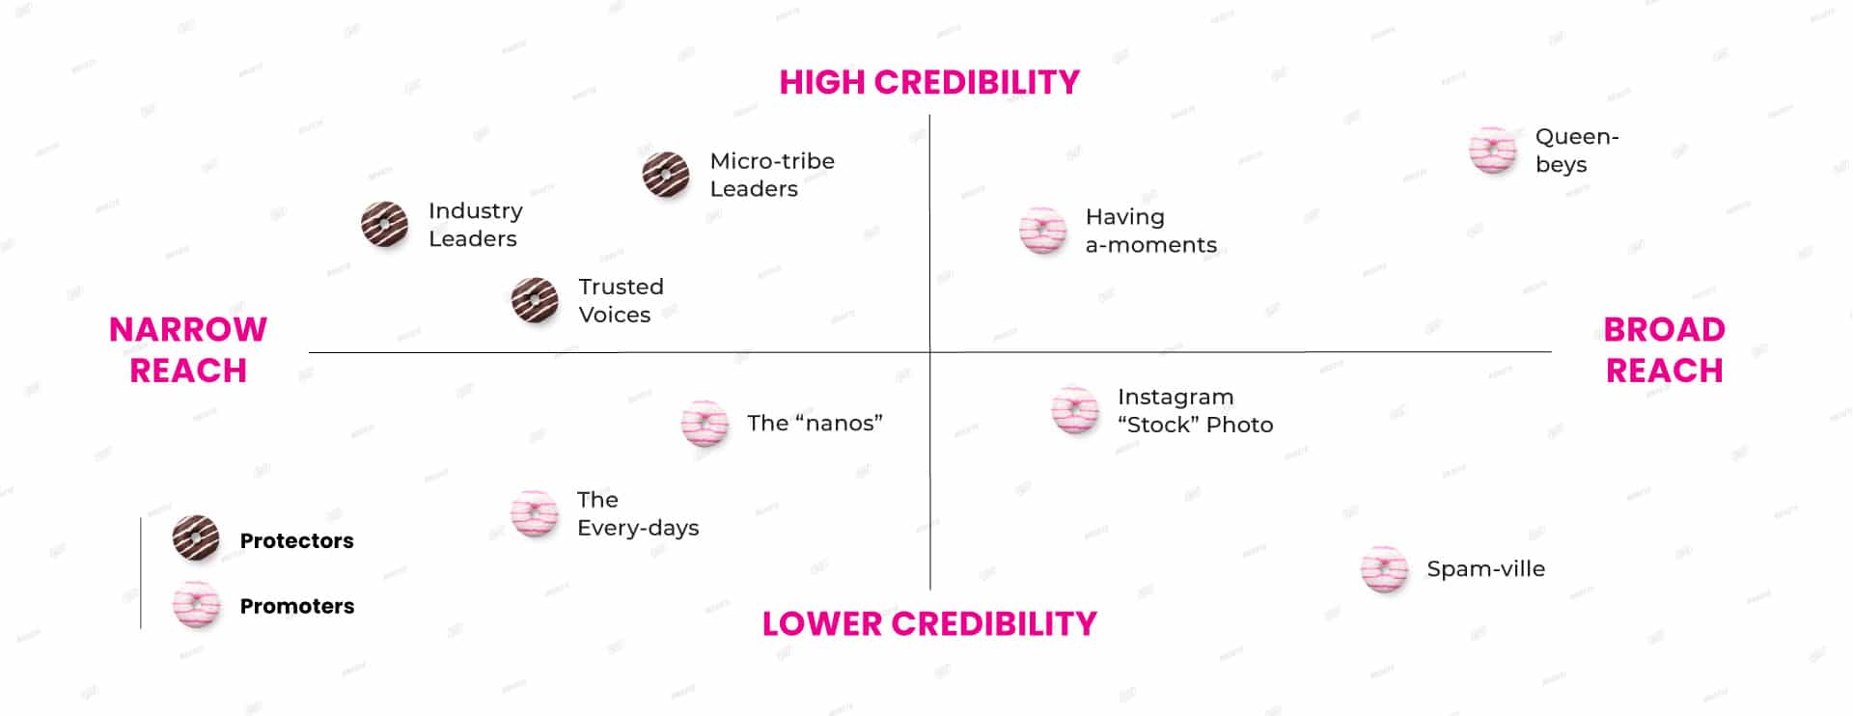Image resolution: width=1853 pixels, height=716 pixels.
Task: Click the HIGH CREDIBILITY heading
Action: click(929, 82)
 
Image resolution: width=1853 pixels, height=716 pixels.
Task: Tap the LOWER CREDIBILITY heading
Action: click(929, 623)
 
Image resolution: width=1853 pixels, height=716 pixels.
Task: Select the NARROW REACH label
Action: click(188, 349)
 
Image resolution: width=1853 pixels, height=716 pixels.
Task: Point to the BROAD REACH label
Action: click(1665, 349)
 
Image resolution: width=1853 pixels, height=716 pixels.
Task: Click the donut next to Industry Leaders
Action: click(384, 224)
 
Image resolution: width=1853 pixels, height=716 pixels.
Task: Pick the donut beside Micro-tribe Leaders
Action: click(666, 175)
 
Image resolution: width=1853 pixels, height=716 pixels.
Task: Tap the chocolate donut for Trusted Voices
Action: click(535, 300)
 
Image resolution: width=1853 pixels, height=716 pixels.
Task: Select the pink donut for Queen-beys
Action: click(1493, 150)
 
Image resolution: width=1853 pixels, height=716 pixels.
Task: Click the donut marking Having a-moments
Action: click(1043, 231)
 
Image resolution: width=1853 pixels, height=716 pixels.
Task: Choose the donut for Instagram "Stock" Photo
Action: click(1075, 410)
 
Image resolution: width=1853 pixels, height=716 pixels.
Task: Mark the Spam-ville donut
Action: click(1385, 569)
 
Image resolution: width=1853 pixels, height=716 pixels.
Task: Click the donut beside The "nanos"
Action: click(705, 423)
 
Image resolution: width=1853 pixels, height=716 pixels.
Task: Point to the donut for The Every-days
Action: click(535, 513)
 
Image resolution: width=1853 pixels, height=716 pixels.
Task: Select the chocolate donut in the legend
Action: click(196, 538)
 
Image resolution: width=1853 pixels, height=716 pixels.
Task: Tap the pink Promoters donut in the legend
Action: click(196, 605)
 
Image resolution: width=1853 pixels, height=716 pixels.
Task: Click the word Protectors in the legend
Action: click(296, 540)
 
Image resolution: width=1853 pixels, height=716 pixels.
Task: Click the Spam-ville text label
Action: click(1486, 569)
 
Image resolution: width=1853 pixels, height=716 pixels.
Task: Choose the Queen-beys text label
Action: click(1577, 151)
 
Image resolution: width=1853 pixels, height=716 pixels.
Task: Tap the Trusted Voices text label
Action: click(622, 300)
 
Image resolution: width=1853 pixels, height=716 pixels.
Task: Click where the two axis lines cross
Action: click(930, 352)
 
